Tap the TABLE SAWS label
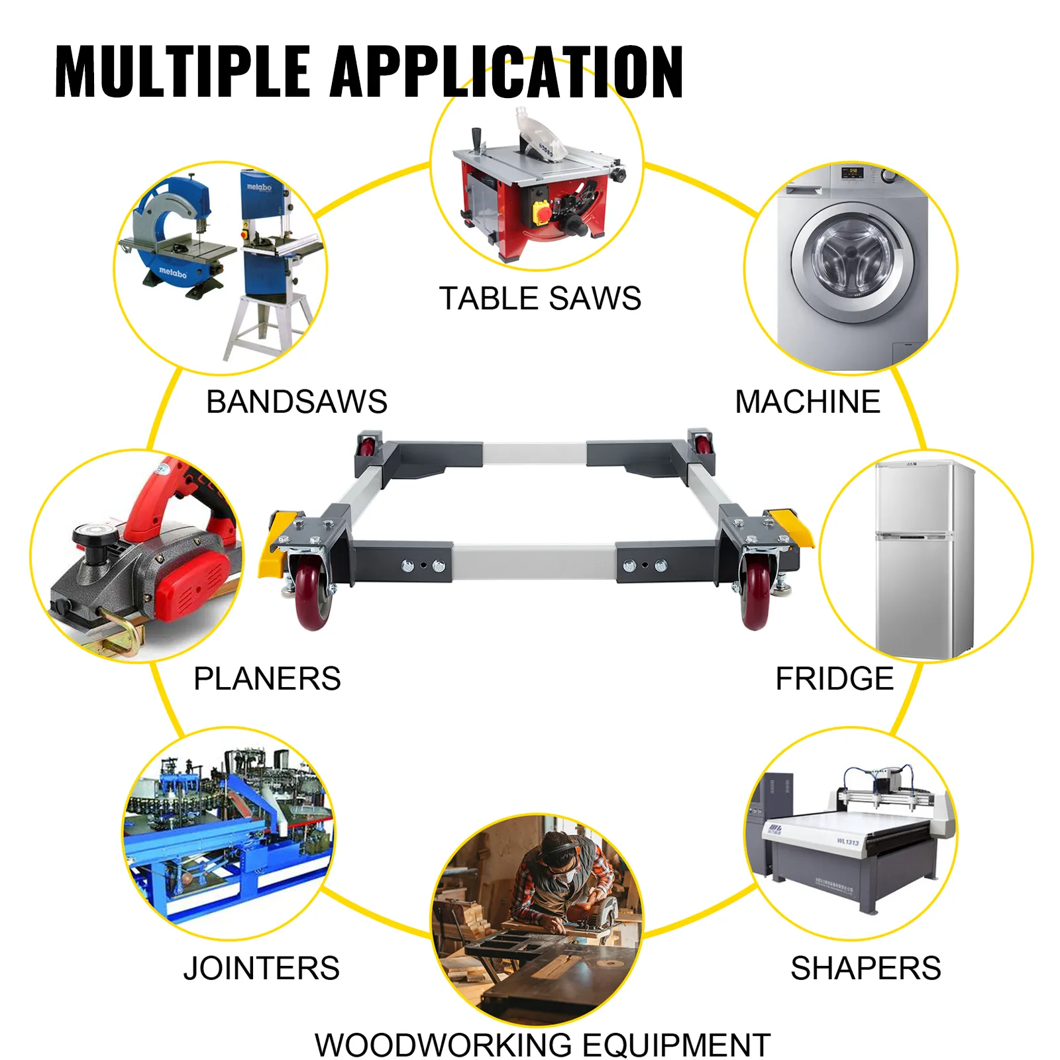coord(540,298)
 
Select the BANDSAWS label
coord(296,401)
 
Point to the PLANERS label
coord(267,678)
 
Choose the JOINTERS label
coord(262,968)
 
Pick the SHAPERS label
coord(865,968)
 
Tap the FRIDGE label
coord(834,678)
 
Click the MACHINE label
coord(808,401)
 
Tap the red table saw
coord(537,192)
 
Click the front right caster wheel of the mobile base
coord(755,593)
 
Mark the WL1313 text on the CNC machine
coord(847,841)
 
